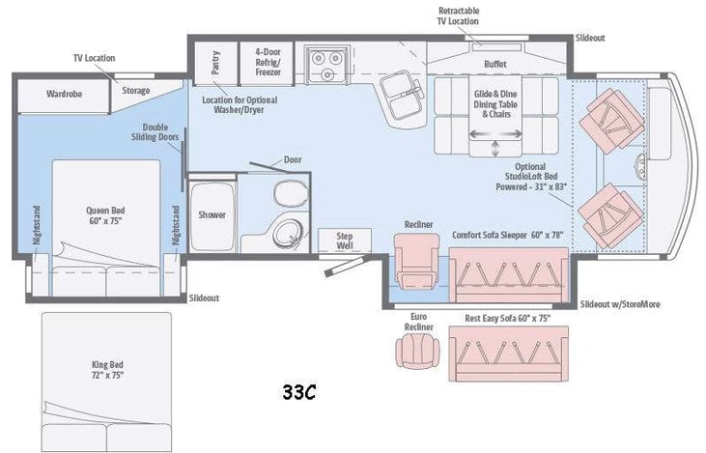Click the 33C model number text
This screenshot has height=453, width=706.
coord(300,392)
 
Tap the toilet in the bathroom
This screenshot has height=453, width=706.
coord(288,194)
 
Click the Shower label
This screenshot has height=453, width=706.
coord(212,214)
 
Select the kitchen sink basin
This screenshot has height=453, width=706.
coord(397,93)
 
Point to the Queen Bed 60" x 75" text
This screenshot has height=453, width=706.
coord(105,215)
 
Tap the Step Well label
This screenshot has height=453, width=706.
coord(345,240)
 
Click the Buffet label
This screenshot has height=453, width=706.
coord(495,64)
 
